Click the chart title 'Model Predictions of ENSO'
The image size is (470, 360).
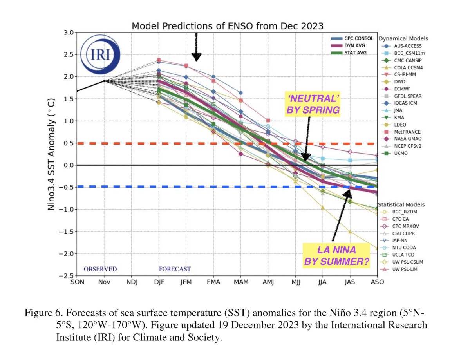(x=228, y=26)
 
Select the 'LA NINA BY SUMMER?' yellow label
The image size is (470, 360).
(x=336, y=255)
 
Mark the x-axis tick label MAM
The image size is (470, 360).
(x=240, y=282)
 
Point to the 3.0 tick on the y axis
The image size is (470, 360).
(x=69, y=32)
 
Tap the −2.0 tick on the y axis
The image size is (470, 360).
(x=67, y=253)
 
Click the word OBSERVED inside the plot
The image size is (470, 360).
(x=100, y=269)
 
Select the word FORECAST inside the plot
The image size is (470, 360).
(x=175, y=269)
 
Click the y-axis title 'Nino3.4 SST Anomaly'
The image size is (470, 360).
(x=51, y=154)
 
